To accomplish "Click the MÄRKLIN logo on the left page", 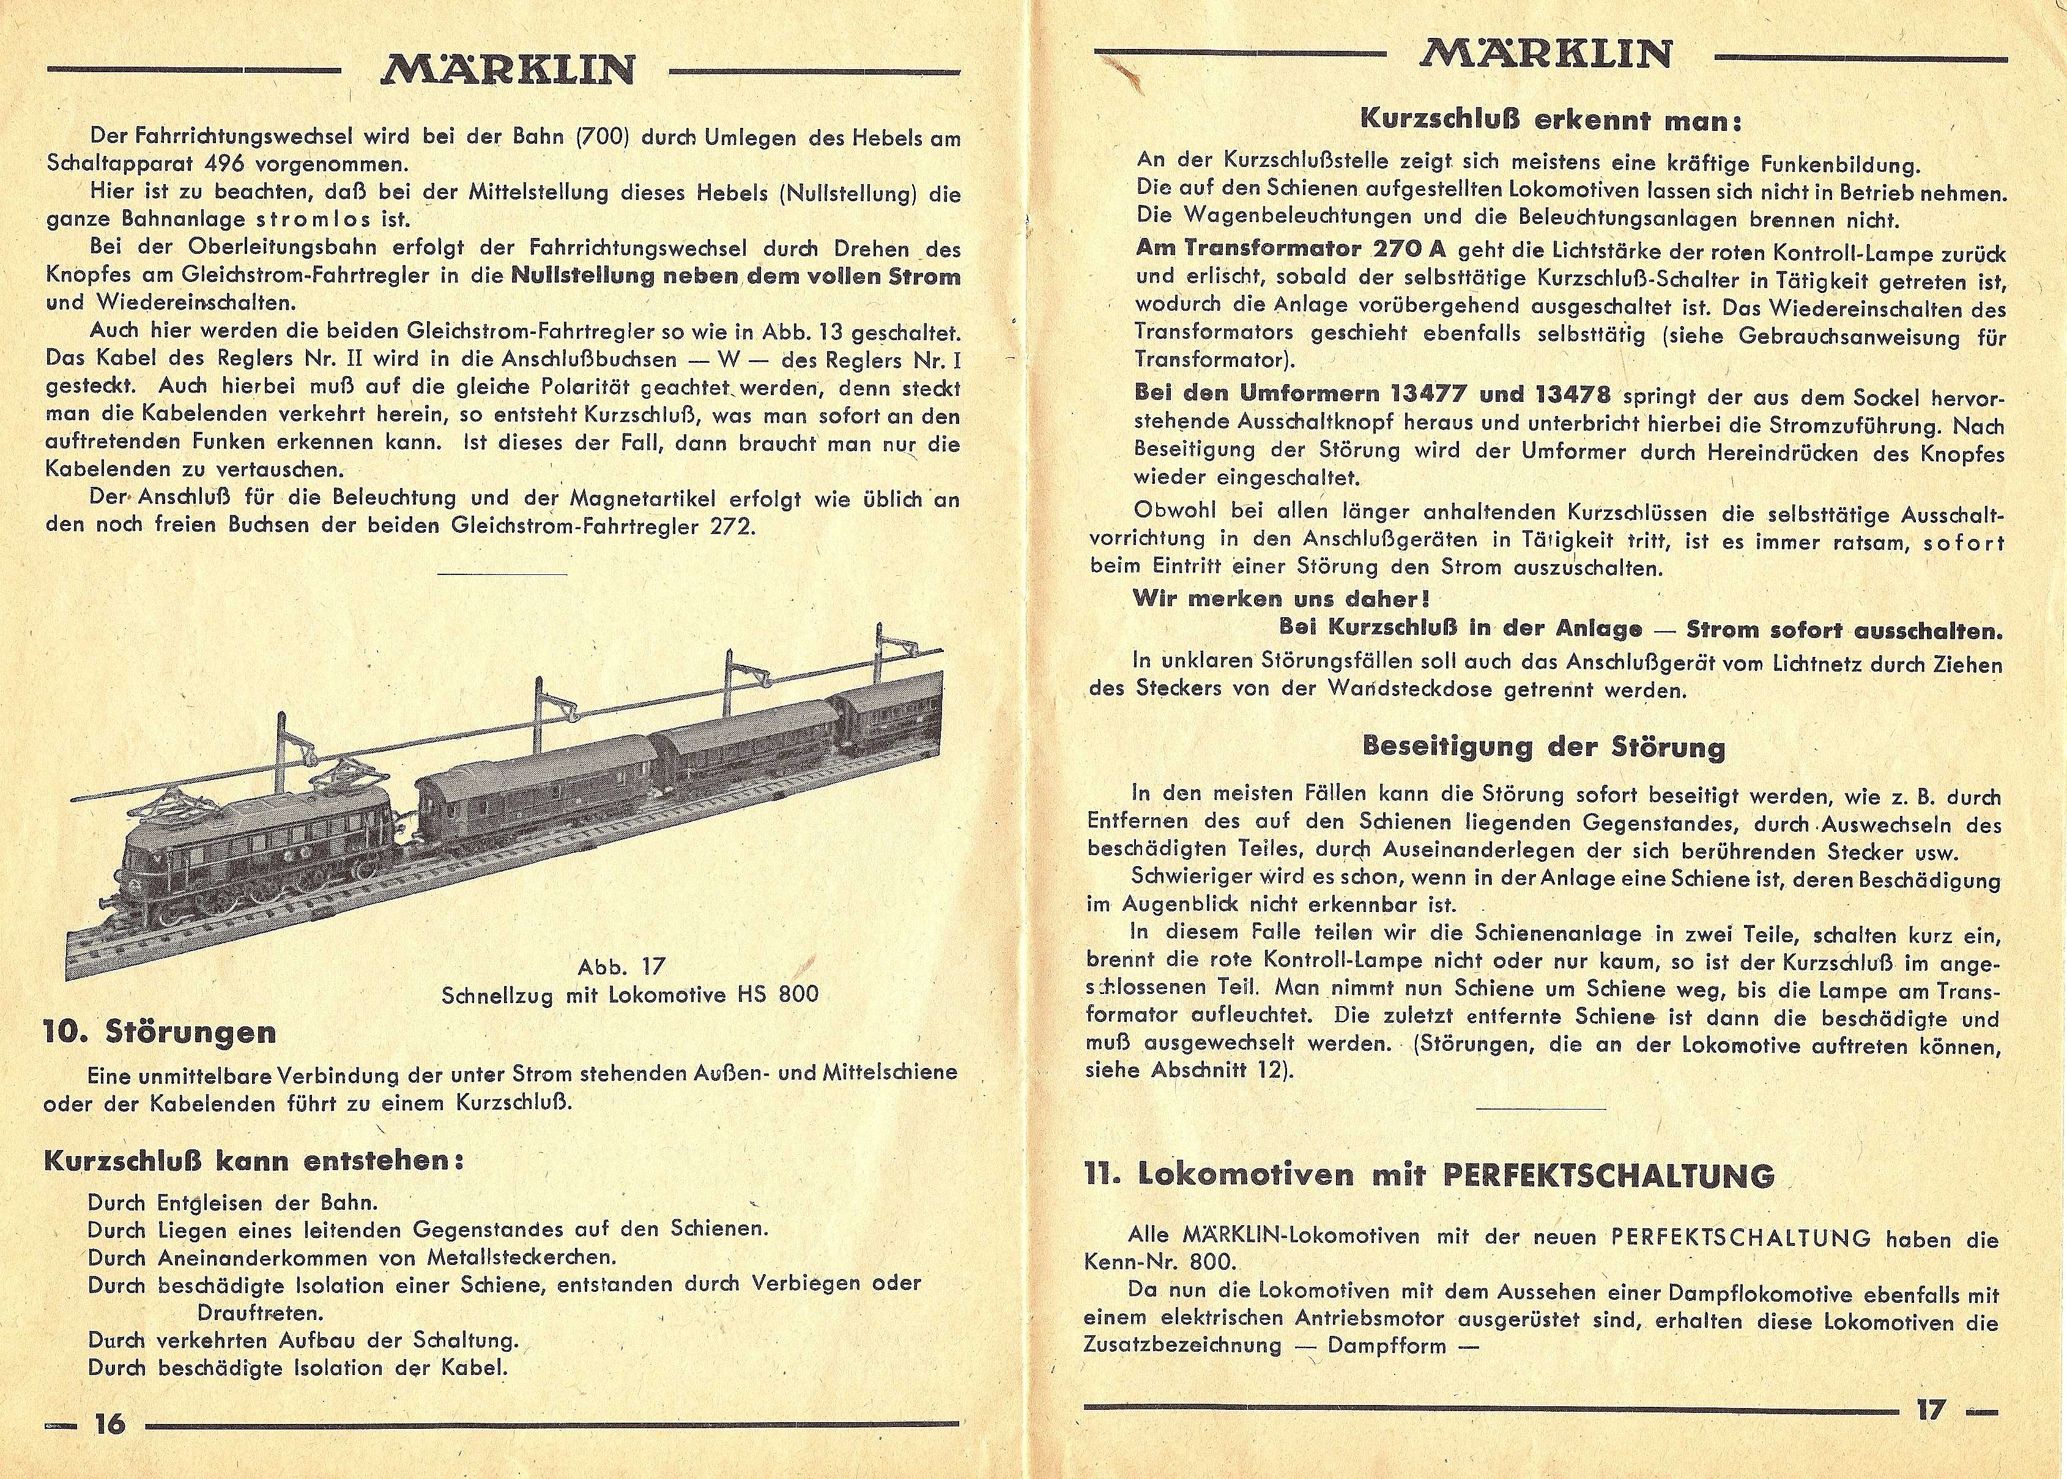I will [508, 69].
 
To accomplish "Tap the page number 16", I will [110, 1423].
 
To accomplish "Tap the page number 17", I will [1929, 1410].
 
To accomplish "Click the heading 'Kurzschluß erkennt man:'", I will [1550, 120].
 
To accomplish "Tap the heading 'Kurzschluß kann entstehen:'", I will [254, 1161].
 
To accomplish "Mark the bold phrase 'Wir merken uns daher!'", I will [1280, 599].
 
